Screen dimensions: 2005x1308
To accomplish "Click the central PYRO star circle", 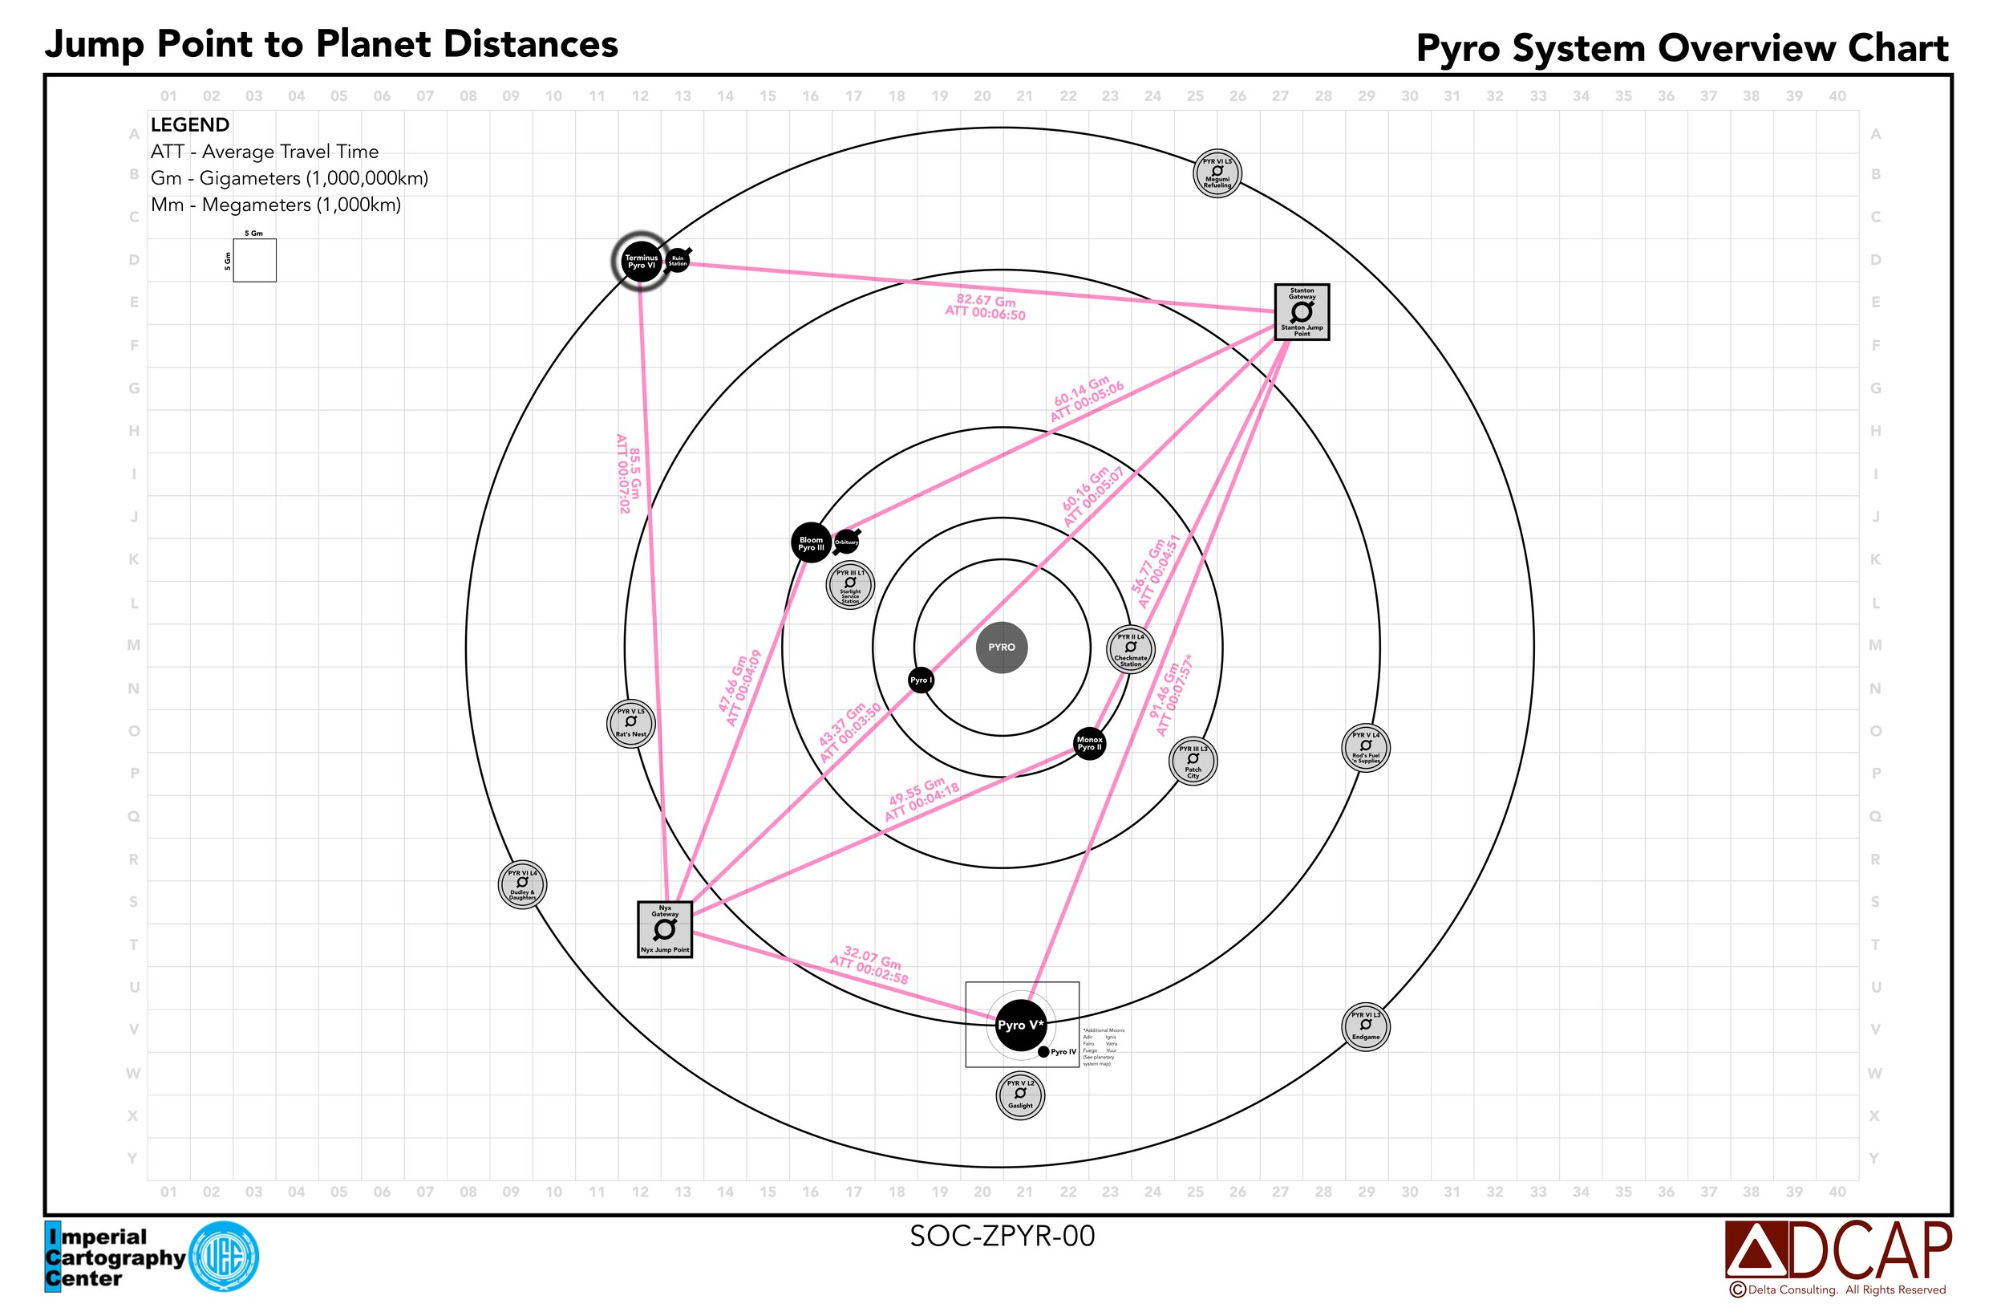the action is (x=1002, y=648).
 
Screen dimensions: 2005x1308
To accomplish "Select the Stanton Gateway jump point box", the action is (x=1302, y=312).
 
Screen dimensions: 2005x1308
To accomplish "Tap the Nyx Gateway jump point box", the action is (x=665, y=928).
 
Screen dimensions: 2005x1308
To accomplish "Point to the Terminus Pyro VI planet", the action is (x=641, y=262).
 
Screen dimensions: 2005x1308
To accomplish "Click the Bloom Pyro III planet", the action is (x=812, y=542).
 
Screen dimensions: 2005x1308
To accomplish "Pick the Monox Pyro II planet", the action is (x=1089, y=743).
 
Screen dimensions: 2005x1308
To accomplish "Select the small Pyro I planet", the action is (x=921, y=680).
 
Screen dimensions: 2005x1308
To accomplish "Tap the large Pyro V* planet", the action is (x=1020, y=1026).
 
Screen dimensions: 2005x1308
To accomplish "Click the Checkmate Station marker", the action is (x=1131, y=649).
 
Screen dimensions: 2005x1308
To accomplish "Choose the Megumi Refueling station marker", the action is (x=1217, y=173).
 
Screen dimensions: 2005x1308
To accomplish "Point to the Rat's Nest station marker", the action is (x=631, y=723).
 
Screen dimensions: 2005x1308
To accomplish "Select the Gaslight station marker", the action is (x=1020, y=1095).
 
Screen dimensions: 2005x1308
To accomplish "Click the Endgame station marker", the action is (x=1366, y=1026).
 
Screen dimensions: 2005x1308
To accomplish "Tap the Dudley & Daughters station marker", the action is (x=522, y=885).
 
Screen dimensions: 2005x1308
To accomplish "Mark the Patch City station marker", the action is (x=1193, y=761).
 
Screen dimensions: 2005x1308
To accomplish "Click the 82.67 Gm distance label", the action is (x=985, y=307).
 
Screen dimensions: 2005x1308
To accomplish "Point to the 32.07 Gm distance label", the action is (x=870, y=966).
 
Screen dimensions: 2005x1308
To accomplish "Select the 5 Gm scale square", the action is (x=254, y=261).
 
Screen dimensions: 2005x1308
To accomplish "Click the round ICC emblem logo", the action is (x=224, y=1257).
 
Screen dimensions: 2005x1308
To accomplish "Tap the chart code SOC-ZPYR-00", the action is (x=1002, y=1237).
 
